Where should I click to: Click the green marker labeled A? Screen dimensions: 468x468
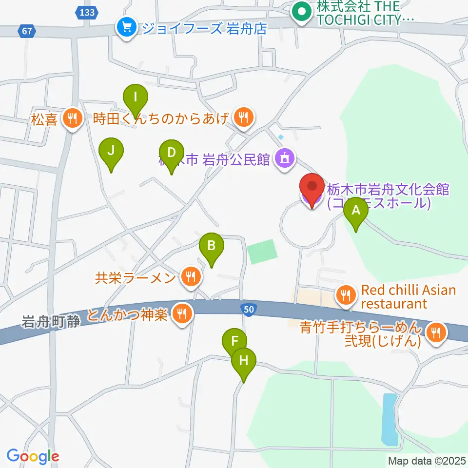click(x=356, y=211)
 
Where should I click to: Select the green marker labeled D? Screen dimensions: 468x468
click(x=171, y=153)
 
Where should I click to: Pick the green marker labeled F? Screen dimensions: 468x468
click(x=234, y=340)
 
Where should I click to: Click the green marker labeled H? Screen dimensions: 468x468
click(x=244, y=361)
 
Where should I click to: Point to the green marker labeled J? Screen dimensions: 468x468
click(x=111, y=151)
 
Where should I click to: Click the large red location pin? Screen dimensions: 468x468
click(x=312, y=189)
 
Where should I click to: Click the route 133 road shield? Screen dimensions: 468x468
click(x=87, y=12)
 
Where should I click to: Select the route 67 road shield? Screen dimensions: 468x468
click(x=27, y=32)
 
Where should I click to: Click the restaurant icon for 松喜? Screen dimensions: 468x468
click(x=73, y=118)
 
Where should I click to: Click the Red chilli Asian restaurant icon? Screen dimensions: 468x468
click(x=346, y=295)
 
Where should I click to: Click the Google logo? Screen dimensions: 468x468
click(x=33, y=456)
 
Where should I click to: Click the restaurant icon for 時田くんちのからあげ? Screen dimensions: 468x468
click(x=243, y=117)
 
